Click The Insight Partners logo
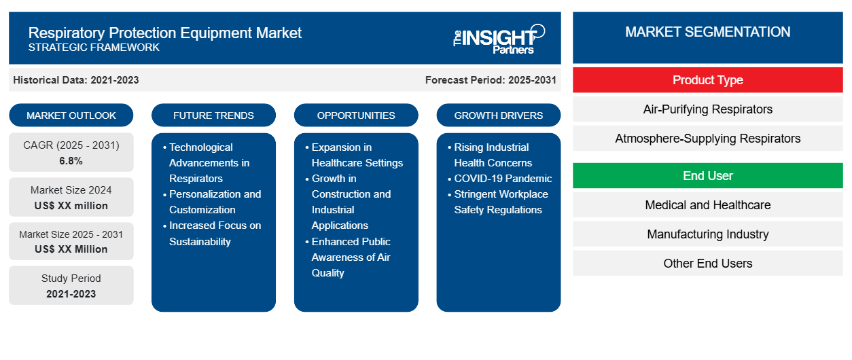499,38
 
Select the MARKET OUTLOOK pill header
71,115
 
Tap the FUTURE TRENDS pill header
213,115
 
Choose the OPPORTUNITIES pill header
356,115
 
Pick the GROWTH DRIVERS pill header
499,115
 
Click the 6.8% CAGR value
71,161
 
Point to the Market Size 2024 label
71,190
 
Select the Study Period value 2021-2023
71,294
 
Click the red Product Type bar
707,80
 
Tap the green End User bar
707,176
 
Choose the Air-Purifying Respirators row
707,109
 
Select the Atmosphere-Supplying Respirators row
707,139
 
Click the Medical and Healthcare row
707,205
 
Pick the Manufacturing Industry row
707,234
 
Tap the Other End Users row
707,264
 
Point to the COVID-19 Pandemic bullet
503,179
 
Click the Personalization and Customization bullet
215,202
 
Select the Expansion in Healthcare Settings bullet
357,155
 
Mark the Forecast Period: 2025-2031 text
491,80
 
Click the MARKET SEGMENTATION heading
707,32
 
